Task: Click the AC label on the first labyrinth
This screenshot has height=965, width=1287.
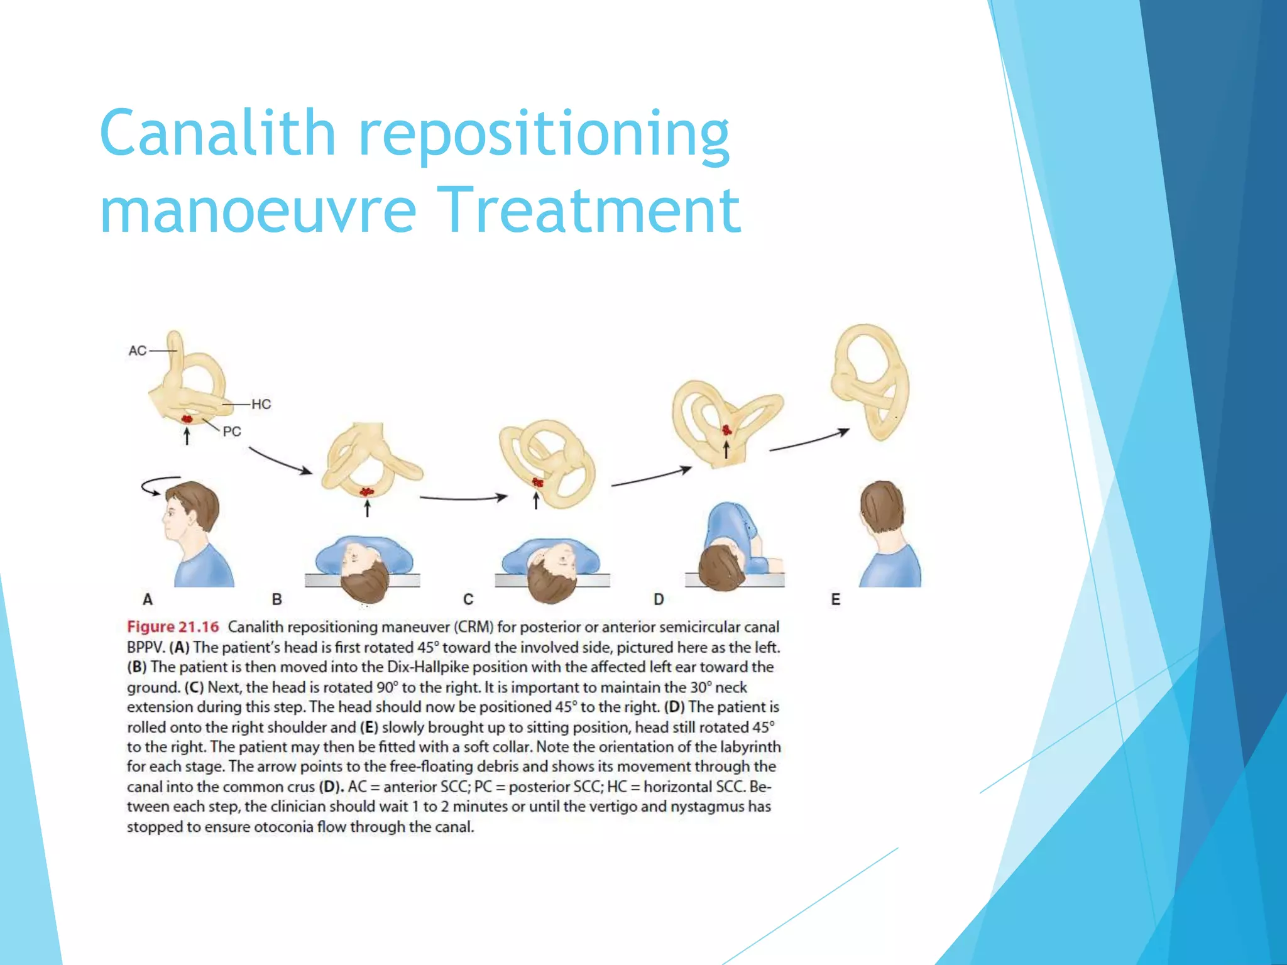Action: coord(137,351)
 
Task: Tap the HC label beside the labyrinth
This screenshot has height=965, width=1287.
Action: coord(261,404)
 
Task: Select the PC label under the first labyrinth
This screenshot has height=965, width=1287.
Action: coord(232,432)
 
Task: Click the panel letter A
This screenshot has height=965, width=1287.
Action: coord(148,599)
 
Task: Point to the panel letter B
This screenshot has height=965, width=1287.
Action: coord(277,599)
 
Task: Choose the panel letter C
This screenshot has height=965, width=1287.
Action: coord(468,599)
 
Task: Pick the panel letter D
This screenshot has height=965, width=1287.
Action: coord(659,599)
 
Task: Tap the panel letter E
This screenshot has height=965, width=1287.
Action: coord(835,599)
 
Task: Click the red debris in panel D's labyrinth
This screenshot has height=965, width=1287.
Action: coord(726,430)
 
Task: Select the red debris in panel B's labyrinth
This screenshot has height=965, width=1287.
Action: coord(366,492)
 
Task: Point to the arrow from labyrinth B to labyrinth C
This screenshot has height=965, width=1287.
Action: coord(464,498)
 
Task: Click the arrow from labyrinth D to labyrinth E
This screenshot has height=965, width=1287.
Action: coord(809,440)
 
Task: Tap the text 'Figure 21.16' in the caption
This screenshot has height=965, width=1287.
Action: coord(173,627)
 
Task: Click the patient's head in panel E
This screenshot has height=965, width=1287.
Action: coord(881,508)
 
